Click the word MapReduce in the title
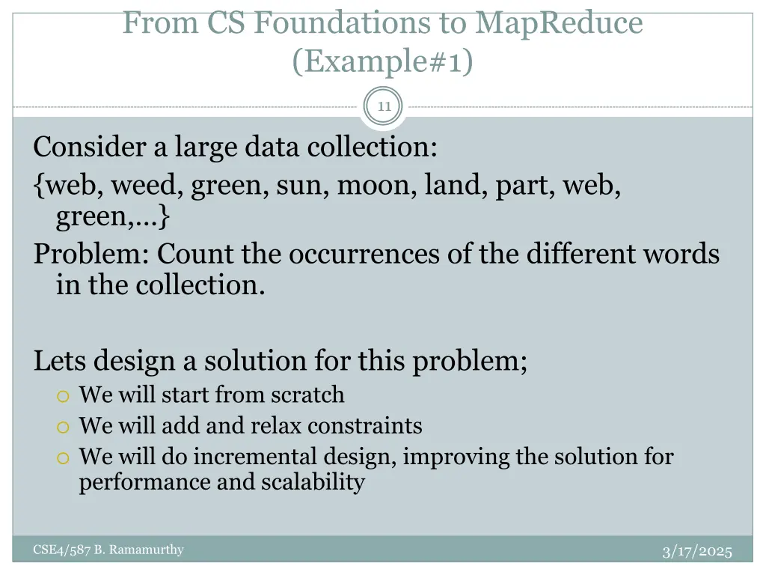coord(558,23)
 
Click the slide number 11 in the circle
coord(384,106)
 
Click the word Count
coord(196,254)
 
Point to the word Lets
coord(58,361)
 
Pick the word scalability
coord(313,482)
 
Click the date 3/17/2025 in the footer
coord(697,552)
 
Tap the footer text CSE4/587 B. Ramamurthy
coord(108,550)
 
